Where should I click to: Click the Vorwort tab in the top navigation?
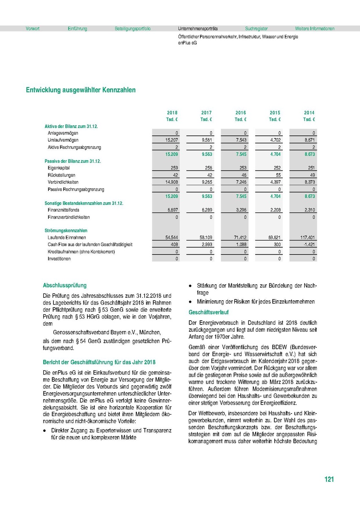point(33,29)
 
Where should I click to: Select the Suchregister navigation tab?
point(256,29)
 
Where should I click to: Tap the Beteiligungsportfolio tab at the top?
point(132,29)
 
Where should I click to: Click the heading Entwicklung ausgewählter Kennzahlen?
point(81,90)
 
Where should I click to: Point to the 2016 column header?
point(241,113)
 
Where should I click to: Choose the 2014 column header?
point(309,113)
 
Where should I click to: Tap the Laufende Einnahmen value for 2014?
point(307,238)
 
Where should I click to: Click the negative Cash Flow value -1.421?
point(309,245)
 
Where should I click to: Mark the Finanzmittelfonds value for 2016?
point(240,210)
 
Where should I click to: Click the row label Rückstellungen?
point(62,175)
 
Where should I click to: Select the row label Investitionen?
point(59,258)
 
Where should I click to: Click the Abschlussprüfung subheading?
point(65,286)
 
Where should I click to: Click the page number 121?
point(329,480)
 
